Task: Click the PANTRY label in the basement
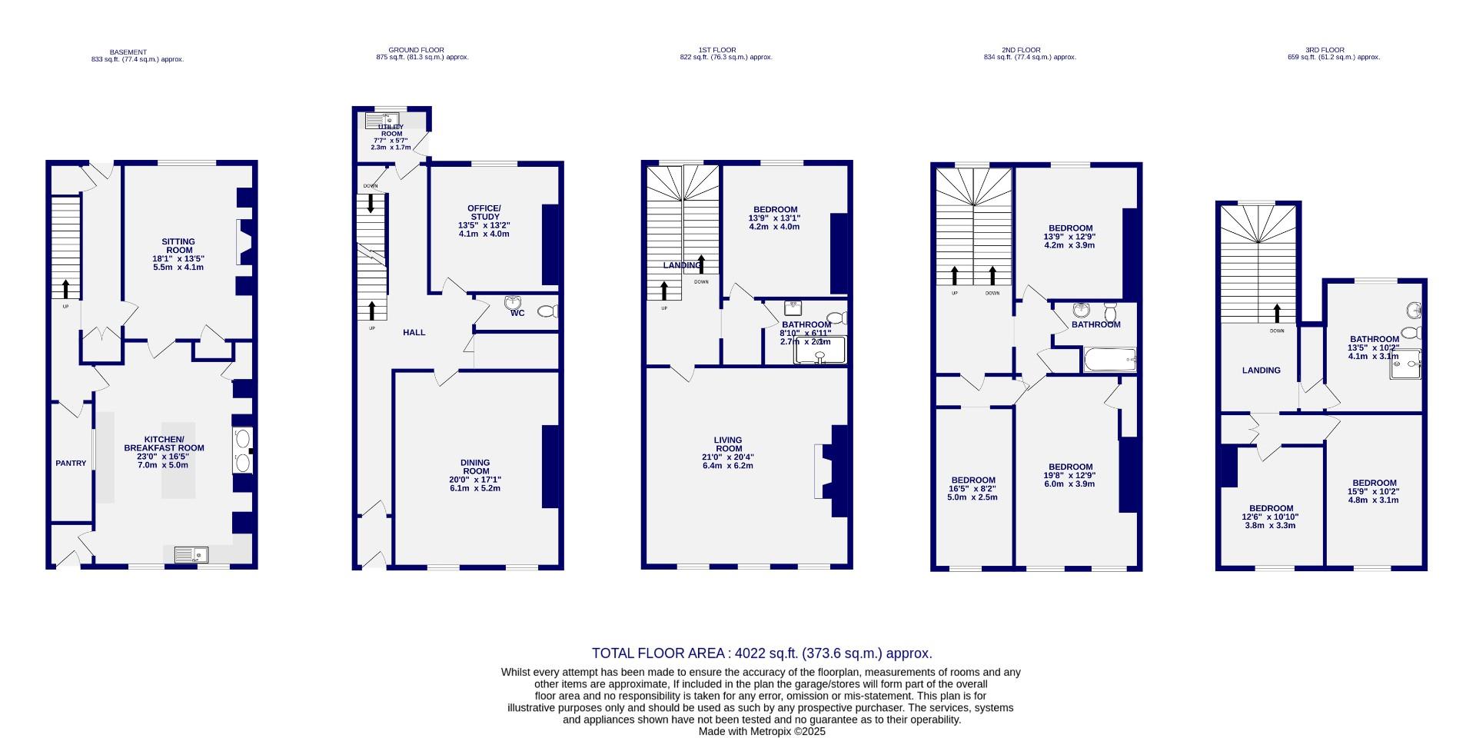(71, 464)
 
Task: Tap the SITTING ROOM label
(178, 246)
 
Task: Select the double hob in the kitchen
(242, 451)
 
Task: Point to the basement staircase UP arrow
(65, 289)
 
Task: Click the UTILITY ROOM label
(391, 130)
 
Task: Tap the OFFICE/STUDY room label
(484, 213)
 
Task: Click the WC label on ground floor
(517, 313)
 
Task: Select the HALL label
(414, 333)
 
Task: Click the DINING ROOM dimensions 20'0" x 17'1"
(475, 480)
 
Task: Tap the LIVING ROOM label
(728, 444)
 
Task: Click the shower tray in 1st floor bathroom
(819, 351)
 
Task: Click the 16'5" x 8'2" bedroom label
(972, 480)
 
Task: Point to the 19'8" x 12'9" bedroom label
(1070, 467)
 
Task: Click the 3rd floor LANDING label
(1262, 371)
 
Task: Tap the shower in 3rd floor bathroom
(1405, 364)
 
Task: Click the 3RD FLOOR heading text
(1333, 50)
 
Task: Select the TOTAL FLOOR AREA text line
(761, 653)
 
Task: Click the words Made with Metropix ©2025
(761, 732)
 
